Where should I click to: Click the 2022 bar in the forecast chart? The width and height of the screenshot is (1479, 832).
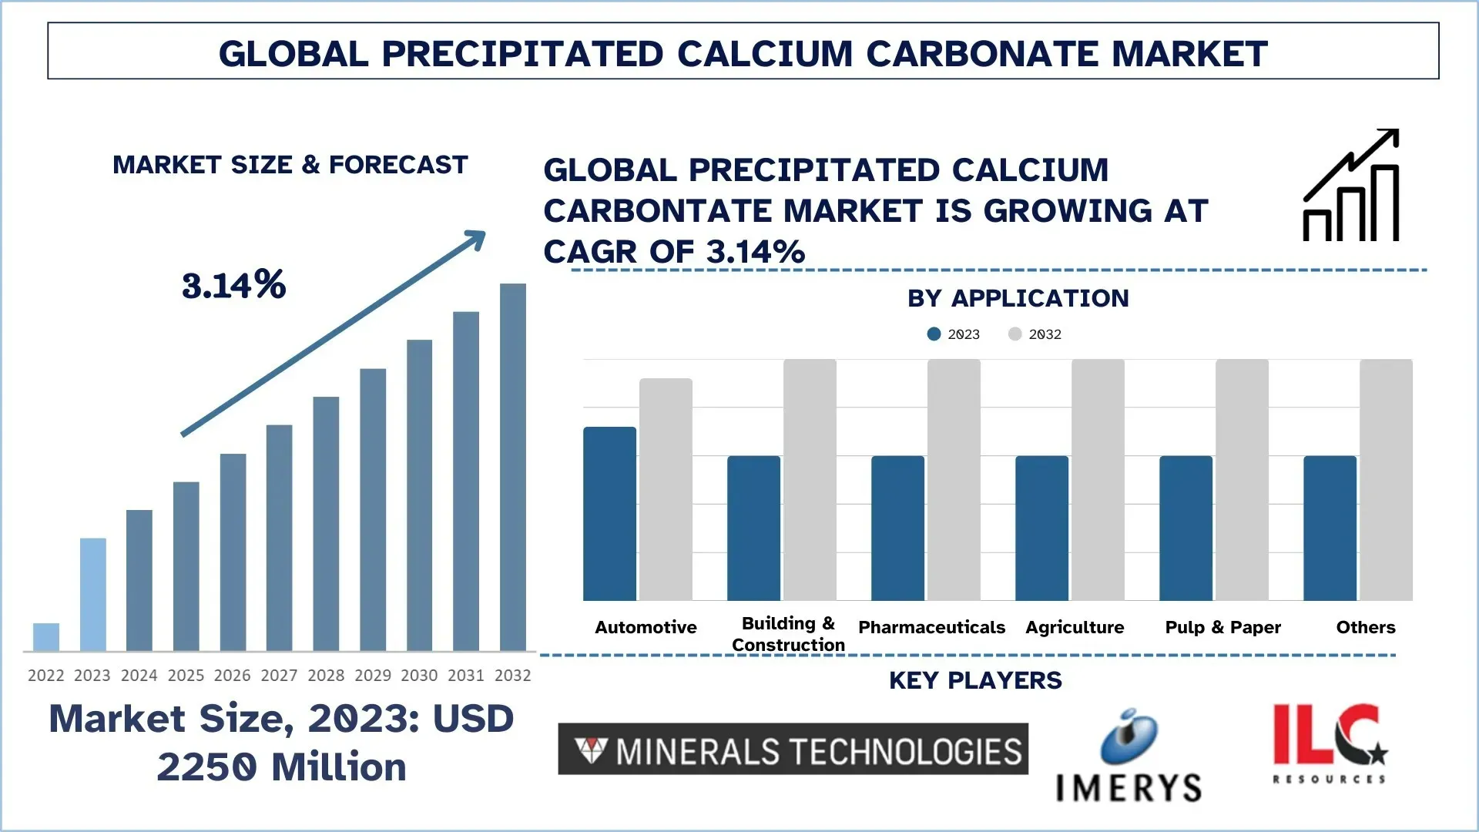tap(46, 637)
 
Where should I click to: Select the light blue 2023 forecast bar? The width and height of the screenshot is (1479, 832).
tap(93, 595)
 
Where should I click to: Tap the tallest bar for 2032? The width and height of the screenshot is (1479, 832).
tap(513, 467)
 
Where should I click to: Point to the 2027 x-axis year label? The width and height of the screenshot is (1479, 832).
tap(279, 676)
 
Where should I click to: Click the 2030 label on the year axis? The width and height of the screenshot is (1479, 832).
tap(419, 676)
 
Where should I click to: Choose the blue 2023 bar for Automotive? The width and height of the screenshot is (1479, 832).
tap(609, 514)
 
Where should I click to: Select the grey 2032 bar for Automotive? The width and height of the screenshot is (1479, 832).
tap(666, 489)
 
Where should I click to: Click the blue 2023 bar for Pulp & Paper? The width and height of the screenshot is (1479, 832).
tap(1186, 528)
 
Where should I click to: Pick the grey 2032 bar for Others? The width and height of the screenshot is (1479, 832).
tap(1386, 479)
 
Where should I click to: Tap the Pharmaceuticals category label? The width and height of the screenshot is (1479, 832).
tap(931, 627)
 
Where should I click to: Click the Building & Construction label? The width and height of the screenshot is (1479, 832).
tap(788, 634)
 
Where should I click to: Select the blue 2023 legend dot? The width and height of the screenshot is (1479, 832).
tap(934, 334)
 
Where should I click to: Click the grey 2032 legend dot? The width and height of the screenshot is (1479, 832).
tap(1015, 334)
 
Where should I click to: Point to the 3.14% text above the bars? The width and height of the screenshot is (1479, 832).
tap(234, 285)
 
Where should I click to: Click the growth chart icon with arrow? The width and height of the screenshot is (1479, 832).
tap(1351, 186)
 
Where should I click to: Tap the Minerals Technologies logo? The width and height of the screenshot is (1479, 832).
tap(793, 749)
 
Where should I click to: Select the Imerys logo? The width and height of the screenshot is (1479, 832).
tap(1129, 757)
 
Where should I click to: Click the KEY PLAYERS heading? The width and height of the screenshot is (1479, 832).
tap(975, 680)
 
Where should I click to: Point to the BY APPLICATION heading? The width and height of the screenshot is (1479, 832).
tap(1018, 298)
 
